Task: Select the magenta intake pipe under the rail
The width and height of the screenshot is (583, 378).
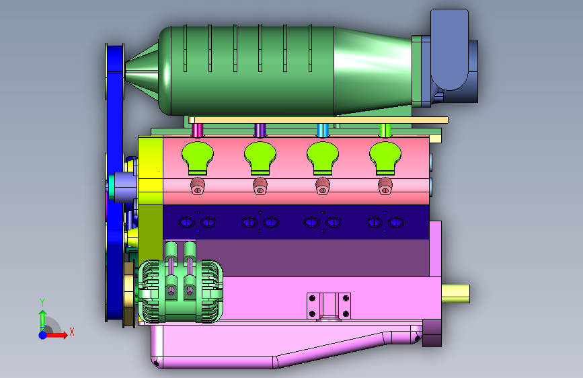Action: [198, 130]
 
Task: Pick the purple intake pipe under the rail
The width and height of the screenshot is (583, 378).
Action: [260, 130]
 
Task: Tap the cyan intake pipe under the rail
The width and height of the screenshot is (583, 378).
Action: [322, 130]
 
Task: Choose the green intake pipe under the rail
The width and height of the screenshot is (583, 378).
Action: [385, 130]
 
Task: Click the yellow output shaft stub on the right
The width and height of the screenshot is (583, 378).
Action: [456, 293]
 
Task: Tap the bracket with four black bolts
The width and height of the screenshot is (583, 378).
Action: [329, 306]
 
